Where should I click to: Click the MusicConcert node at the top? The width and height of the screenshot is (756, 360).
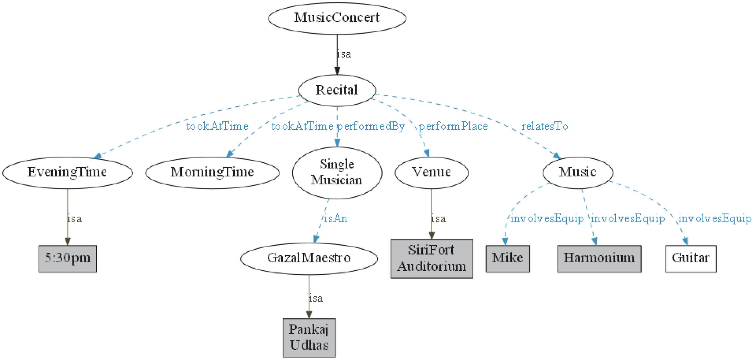coord(337,18)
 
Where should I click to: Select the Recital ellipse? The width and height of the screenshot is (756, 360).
coord(337,90)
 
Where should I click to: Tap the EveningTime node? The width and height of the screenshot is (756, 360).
coord(67,172)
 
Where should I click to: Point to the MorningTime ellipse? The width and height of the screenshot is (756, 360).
coord(212,172)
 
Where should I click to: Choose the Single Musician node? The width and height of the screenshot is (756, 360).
coord(337,172)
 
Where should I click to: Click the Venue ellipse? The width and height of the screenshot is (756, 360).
coord(431,172)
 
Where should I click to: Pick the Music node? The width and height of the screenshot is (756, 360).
coord(578,172)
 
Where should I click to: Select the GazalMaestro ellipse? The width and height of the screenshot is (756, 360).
coord(309,258)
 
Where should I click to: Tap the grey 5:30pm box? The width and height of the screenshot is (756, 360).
coord(67,258)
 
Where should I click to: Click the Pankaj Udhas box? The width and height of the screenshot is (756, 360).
coord(309,338)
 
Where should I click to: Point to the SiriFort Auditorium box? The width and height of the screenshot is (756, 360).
coord(431,258)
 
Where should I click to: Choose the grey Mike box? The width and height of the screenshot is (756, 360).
coord(507,258)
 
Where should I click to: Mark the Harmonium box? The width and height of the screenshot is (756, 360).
coord(599,258)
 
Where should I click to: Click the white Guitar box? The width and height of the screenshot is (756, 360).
coord(691,258)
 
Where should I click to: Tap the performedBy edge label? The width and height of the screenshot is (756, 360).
coord(371,126)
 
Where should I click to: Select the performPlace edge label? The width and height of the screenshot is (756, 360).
coord(453,126)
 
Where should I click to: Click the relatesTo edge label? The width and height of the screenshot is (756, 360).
coord(545,126)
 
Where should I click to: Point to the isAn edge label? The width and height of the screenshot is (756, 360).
coord(335,218)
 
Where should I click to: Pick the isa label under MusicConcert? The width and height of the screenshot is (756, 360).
coord(344,54)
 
